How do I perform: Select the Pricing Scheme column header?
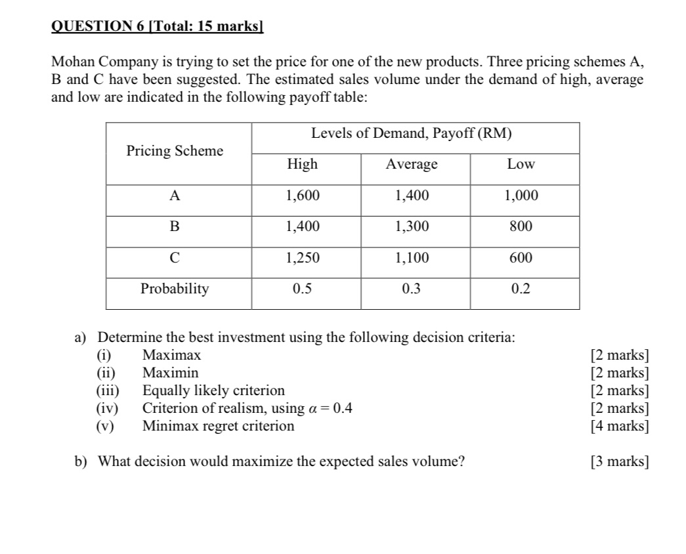click(175, 151)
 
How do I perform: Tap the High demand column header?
click(302, 164)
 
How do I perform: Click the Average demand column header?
click(412, 164)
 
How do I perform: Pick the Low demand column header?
click(521, 164)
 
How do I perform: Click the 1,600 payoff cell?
click(302, 196)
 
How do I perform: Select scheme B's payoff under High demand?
click(302, 227)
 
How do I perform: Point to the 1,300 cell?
click(412, 227)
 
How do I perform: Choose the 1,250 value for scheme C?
click(302, 258)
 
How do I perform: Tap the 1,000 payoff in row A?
click(521, 196)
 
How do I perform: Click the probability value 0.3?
click(412, 289)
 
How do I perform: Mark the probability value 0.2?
click(521, 289)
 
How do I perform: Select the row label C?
click(175, 258)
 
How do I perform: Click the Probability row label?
click(175, 289)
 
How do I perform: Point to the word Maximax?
click(172, 356)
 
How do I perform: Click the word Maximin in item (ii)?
click(171, 373)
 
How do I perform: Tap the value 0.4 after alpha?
click(343, 408)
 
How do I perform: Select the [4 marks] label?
click(620, 426)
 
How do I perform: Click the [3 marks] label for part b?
click(620, 461)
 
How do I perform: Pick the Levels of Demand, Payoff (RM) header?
click(412, 134)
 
